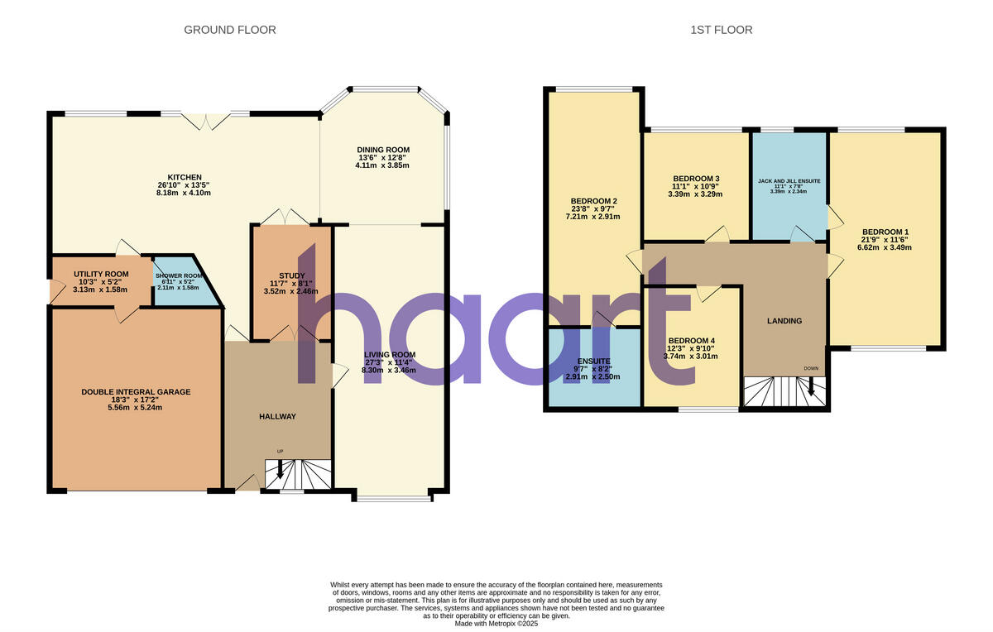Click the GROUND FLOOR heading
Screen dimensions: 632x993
pyautogui.click(x=229, y=30)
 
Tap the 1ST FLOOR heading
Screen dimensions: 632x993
pyautogui.click(x=722, y=30)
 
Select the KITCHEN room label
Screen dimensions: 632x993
pyautogui.click(x=185, y=177)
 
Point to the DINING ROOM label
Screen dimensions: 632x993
pyautogui.click(x=383, y=150)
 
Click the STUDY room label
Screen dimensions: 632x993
pyautogui.click(x=291, y=276)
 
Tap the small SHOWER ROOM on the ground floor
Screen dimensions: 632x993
pyautogui.click(x=179, y=282)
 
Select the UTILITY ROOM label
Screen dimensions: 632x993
pyautogui.click(x=101, y=274)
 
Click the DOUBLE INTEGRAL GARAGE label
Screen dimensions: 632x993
pyautogui.click(x=135, y=391)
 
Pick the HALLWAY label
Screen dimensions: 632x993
pyautogui.click(x=277, y=416)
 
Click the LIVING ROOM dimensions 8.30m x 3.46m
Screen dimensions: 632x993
pyautogui.click(x=389, y=370)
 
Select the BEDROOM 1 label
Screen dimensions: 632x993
pyautogui.click(x=885, y=232)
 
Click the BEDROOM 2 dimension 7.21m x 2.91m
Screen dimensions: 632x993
pyautogui.click(x=595, y=217)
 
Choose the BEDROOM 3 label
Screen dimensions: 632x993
pyautogui.click(x=696, y=179)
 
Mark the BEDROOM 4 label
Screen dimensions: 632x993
pyautogui.click(x=691, y=341)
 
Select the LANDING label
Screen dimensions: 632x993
pyautogui.click(x=784, y=321)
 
